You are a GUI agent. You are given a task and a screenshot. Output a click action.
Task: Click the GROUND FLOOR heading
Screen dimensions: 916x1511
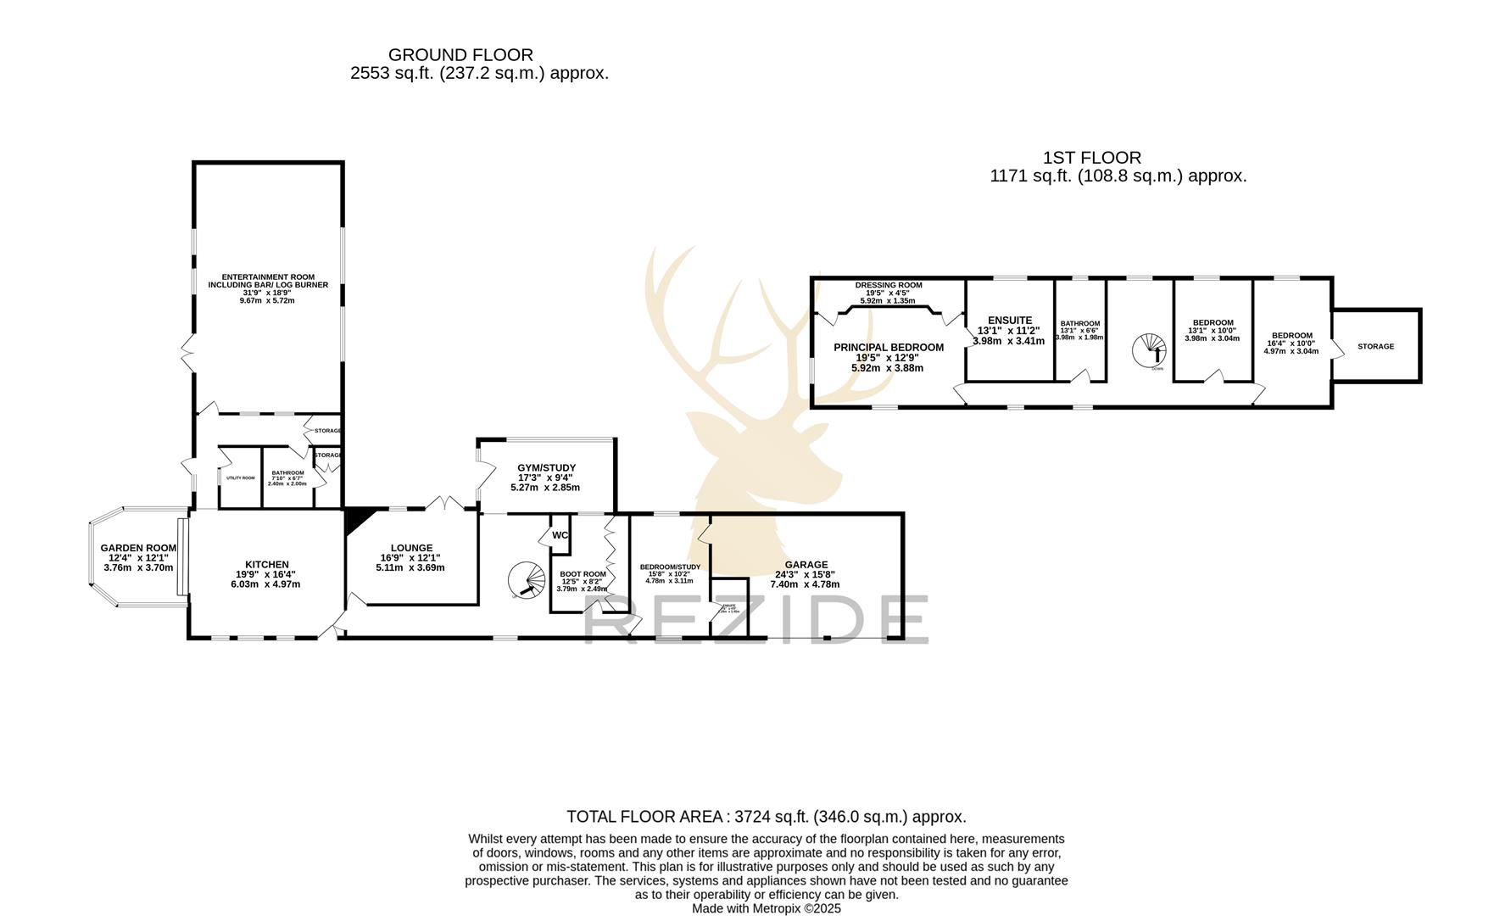tap(460, 55)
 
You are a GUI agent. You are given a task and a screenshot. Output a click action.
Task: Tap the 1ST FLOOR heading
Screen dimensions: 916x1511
tap(1091, 158)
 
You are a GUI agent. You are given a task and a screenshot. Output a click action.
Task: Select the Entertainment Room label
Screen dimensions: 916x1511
tap(268, 281)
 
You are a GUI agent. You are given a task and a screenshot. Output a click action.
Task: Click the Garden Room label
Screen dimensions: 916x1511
tap(138, 549)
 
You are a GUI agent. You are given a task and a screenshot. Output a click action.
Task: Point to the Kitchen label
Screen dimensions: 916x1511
tap(266, 565)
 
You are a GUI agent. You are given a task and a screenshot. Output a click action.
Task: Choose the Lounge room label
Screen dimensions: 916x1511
tap(411, 549)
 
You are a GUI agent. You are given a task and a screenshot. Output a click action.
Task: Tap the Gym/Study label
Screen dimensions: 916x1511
tap(546, 468)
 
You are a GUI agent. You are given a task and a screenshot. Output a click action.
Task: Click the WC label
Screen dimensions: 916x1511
tap(560, 535)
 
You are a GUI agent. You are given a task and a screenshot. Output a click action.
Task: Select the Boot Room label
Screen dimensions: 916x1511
tap(583, 574)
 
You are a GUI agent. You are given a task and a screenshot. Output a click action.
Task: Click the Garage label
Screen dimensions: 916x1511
tap(806, 565)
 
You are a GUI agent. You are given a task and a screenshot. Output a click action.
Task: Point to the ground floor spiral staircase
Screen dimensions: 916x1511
tap(528, 581)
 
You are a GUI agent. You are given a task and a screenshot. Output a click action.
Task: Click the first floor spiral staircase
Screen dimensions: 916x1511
tap(1151, 349)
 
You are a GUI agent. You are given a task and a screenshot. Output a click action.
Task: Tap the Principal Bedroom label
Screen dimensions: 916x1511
tap(888, 348)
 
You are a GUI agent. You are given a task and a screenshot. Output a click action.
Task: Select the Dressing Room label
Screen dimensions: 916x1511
tap(888, 286)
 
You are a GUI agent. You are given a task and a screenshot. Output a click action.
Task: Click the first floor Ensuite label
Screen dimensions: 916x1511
tap(1009, 321)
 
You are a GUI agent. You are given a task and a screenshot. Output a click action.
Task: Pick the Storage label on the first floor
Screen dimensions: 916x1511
tap(1374, 347)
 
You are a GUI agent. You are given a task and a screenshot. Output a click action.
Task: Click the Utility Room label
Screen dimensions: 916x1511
tap(240, 478)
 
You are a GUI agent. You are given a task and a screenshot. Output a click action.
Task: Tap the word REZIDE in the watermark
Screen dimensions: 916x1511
tap(755, 619)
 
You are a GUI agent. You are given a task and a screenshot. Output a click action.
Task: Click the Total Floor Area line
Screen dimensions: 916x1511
tap(766, 818)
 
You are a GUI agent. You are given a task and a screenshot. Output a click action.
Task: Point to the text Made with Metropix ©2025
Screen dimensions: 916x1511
tap(766, 908)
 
